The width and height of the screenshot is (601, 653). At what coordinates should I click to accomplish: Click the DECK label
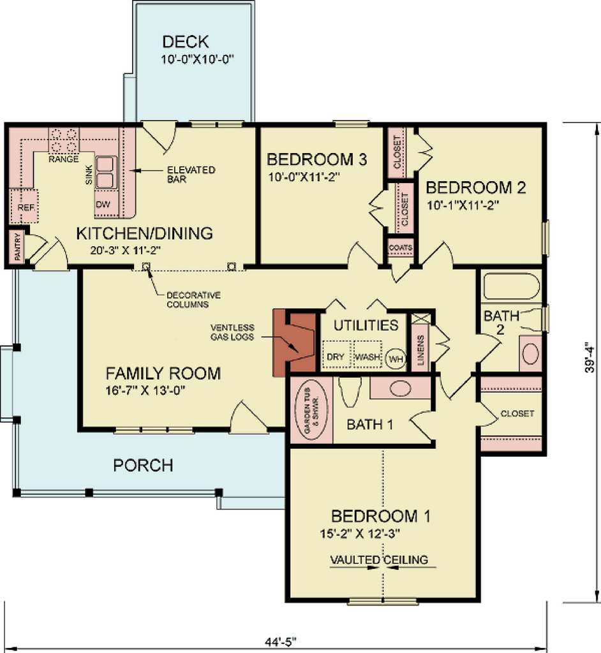(185, 43)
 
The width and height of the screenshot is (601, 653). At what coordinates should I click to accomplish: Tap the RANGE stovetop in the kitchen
(64, 141)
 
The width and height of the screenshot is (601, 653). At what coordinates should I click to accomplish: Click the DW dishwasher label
(103, 204)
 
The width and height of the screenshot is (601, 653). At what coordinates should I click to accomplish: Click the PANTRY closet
(15, 247)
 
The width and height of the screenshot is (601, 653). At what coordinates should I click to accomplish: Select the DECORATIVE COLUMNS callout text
(193, 300)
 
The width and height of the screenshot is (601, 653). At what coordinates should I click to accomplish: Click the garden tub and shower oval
(311, 411)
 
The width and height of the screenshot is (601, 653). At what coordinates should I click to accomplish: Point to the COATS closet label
(401, 247)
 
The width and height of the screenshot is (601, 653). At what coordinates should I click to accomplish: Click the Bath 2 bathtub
(511, 286)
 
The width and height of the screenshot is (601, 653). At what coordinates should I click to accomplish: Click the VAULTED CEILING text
(379, 560)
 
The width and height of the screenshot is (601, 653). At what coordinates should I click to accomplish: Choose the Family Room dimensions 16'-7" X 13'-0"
(145, 391)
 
